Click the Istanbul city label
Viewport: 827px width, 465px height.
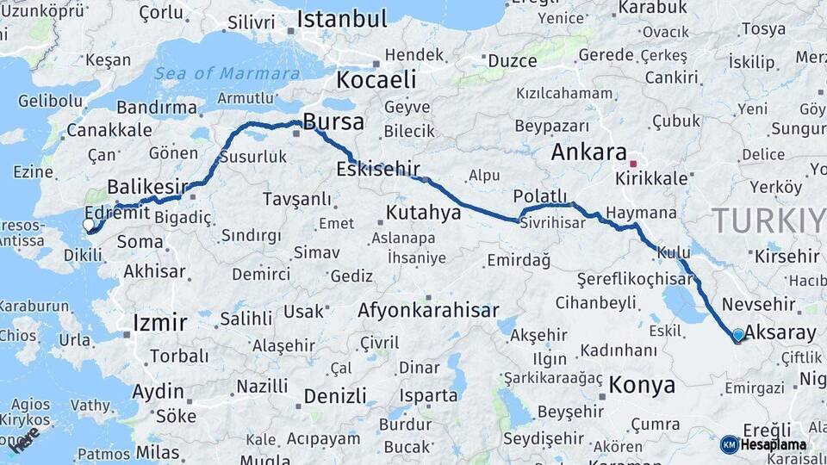(x=342, y=20)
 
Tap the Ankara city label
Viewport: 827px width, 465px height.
(x=588, y=152)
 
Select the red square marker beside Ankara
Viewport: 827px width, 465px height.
(x=633, y=163)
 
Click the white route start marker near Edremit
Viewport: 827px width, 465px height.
(x=88, y=226)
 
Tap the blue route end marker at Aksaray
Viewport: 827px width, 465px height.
(x=737, y=335)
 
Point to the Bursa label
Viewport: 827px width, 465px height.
(x=333, y=122)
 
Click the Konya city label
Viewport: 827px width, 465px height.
(x=642, y=386)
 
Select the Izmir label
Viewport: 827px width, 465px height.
(x=159, y=323)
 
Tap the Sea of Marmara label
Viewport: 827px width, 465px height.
(x=227, y=73)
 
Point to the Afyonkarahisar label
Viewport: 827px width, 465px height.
(x=428, y=310)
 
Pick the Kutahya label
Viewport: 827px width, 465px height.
(x=423, y=213)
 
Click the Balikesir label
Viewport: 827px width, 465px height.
(x=148, y=187)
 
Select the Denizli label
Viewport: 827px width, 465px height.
(x=334, y=396)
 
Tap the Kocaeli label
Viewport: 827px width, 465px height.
(x=376, y=80)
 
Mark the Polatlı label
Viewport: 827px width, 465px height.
(x=539, y=195)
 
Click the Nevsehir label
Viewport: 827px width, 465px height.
(x=758, y=304)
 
